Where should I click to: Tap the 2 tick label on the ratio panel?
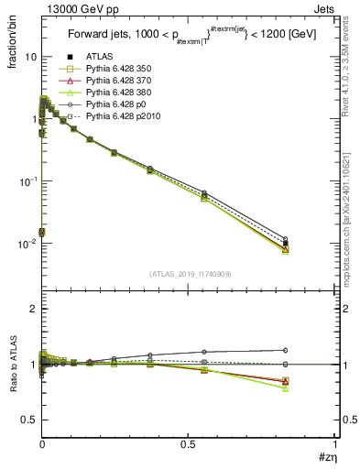pyautogui.click(x=32, y=310)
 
